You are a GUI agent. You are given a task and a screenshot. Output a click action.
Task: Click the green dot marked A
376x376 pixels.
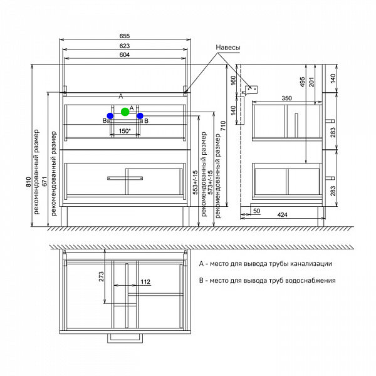coord(125,112)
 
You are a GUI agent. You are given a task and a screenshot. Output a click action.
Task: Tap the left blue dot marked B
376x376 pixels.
coord(110,116)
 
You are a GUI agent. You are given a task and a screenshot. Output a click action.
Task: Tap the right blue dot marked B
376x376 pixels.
coord(140,116)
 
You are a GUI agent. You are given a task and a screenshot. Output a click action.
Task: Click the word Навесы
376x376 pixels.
coord(228,48)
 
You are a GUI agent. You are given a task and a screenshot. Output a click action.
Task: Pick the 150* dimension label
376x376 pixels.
coord(125,131)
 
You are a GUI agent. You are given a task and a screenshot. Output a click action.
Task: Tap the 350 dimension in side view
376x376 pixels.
coord(286,99)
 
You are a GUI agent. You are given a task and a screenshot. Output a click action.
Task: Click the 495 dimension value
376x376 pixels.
coord(301,83)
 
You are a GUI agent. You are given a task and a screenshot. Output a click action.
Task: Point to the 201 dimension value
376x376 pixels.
coord(311,83)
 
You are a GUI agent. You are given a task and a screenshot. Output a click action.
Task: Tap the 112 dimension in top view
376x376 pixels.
coord(145,282)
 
